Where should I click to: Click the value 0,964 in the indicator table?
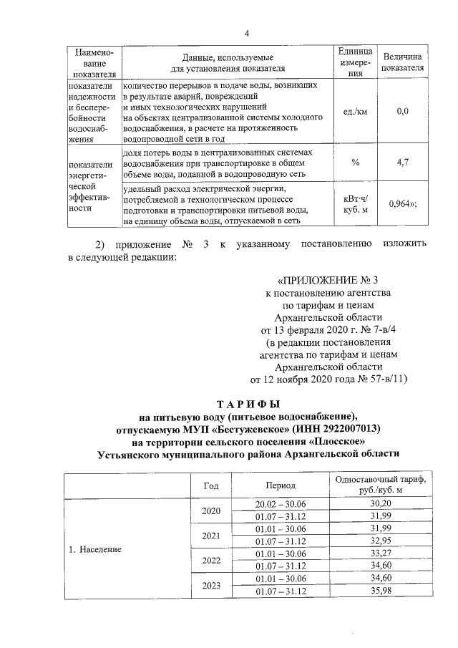coord(402,203)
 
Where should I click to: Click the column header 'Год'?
coord(211,485)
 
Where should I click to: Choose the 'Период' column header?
coord(281,485)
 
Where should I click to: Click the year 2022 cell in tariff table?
coord(211,559)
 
